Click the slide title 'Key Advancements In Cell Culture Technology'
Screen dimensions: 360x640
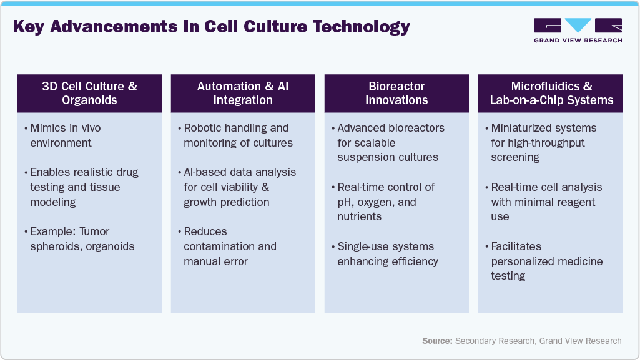pos(212,27)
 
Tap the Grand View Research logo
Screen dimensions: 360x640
pos(578,29)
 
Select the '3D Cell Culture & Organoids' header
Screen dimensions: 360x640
pos(89,93)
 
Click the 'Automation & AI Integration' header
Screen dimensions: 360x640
pos(243,93)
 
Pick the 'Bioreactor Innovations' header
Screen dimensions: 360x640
pos(396,93)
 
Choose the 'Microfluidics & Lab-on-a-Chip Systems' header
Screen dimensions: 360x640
pos(551,93)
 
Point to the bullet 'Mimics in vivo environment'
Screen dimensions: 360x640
pos(65,135)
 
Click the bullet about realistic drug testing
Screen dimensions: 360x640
pos(84,187)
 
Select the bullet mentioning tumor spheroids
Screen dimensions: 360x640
pos(82,239)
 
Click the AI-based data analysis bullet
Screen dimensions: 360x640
pos(240,187)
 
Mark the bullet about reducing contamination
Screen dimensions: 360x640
pos(230,246)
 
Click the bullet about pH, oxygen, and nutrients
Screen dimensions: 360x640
pos(386,202)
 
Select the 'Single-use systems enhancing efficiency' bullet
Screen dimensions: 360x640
pos(388,254)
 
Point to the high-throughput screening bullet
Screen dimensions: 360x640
pos(543,143)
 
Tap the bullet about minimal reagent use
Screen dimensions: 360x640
pos(546,202)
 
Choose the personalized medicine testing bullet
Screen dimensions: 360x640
pos(546,261)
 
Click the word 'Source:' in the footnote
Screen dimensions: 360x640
pos(437,341)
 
